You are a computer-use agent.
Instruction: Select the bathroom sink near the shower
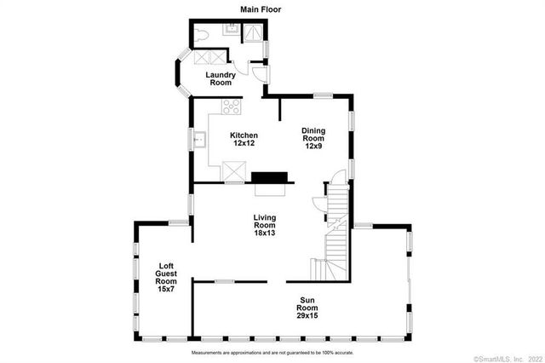tap(231, 29)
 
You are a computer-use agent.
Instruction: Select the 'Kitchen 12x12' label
tap(244, 140)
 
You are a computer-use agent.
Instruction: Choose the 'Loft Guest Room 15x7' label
tap(167, 278)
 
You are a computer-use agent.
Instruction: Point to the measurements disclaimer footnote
tap(272, 351)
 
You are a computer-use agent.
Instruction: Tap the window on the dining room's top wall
tap(323, 94)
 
